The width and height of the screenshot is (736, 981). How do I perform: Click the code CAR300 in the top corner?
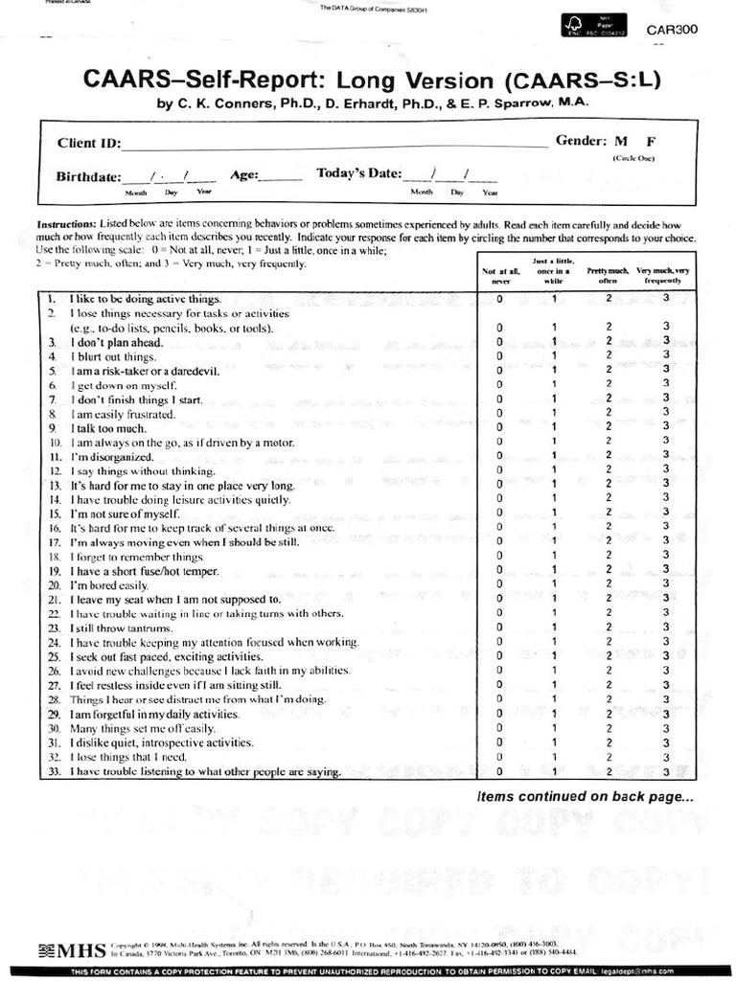tap(672, 30)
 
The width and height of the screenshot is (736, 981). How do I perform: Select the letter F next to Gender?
tap(652, 141)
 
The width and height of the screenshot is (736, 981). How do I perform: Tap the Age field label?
tap(244, 175)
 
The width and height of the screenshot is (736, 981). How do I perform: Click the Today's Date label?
tap(358, 173)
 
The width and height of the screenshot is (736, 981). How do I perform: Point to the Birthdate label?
tap(88, 176)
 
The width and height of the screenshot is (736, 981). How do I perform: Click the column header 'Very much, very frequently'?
tap(663, 275)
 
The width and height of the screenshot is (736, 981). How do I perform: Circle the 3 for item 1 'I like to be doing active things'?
tap(665, 299)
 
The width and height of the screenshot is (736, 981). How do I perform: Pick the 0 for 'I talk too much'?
tap(499, 427)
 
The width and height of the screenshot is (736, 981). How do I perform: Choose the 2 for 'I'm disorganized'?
tap(609, 457)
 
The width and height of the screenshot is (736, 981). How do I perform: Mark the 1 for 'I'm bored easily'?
tap(554, 584)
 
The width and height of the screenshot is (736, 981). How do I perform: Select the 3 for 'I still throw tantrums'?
tap(665, 627)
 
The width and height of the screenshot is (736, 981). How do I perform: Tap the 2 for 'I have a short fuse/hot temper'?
tap(609, 571)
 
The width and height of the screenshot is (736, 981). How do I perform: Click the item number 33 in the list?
tap(54, 772)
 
